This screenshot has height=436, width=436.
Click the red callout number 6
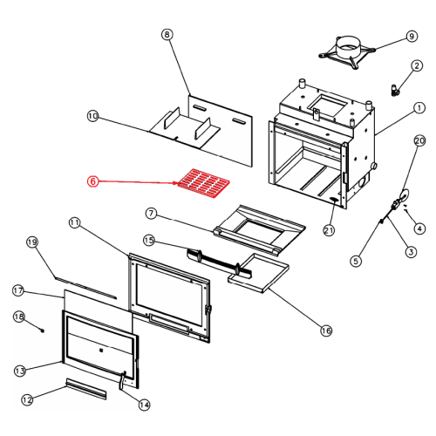(93, 181)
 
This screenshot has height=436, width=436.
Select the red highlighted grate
(203, 183)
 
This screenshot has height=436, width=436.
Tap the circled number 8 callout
(167, 35)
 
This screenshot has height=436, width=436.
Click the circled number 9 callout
(412, 37)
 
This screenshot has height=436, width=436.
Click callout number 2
(417, 65)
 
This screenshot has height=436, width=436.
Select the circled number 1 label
(419, 108)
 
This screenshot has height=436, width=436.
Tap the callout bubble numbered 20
(419, 141)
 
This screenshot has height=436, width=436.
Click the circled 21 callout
(329, 230)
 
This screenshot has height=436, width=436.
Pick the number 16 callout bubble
(326, 330)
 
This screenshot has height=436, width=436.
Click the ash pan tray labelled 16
(258, 273)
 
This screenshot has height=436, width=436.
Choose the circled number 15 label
(149, 241)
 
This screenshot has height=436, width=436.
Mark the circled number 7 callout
(151, 214)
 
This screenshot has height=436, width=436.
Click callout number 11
(74, 223)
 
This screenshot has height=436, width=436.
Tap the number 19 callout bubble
(32, 242)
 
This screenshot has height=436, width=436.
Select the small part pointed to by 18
(43, 330)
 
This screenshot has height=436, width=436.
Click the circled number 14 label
(145, 405)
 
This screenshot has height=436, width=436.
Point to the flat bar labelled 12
(86, 389)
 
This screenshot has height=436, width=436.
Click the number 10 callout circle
(93, 116)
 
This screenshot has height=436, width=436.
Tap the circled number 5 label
(356, 261)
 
